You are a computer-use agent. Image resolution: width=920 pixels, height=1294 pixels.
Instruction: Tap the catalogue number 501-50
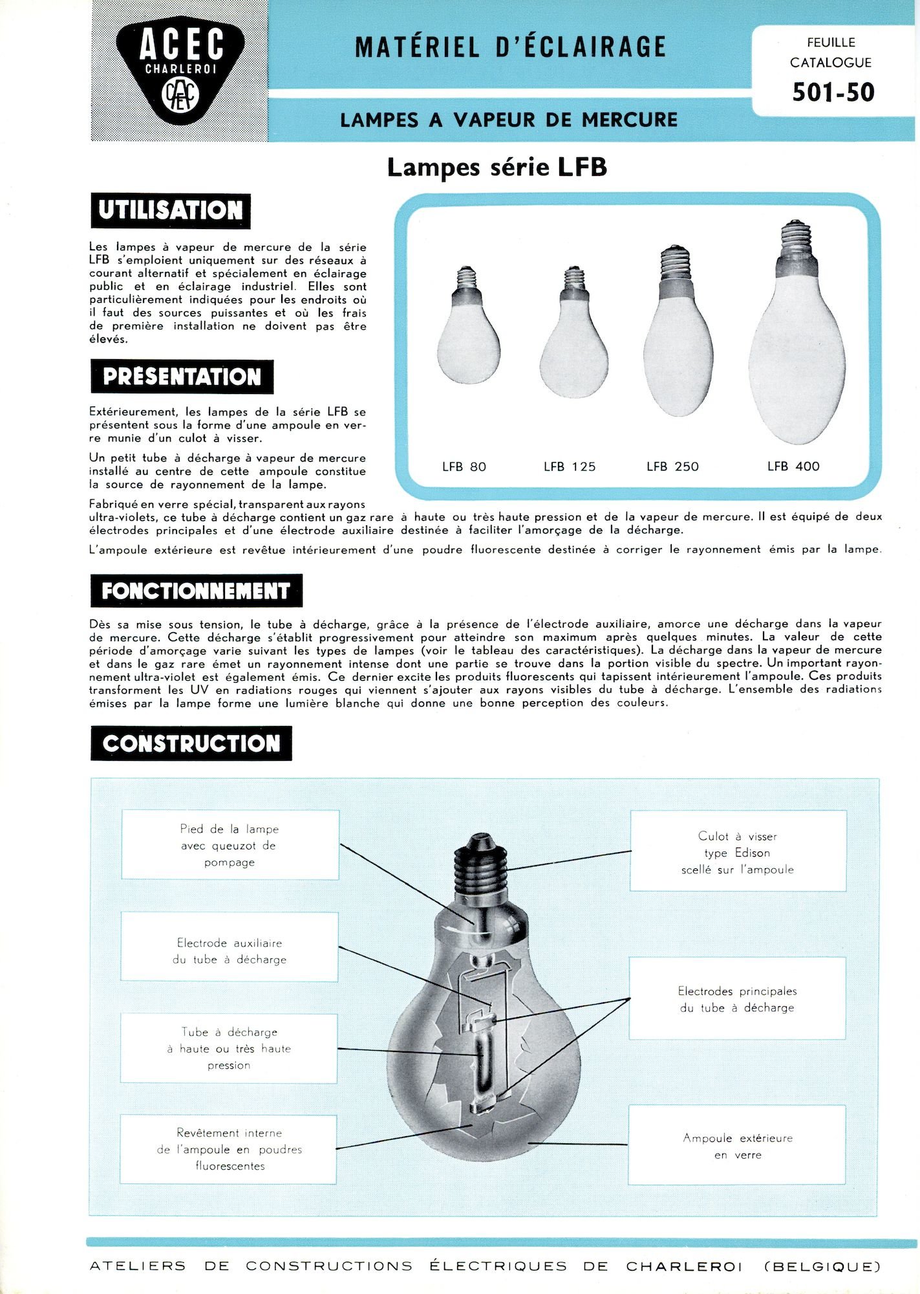833,93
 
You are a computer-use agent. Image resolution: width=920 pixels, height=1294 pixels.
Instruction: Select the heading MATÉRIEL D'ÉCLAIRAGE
510,47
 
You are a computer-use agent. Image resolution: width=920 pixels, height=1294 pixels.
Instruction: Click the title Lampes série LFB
497,168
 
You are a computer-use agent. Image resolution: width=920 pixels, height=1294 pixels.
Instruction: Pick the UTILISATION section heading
171,210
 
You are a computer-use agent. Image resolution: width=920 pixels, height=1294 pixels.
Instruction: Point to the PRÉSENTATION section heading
182,377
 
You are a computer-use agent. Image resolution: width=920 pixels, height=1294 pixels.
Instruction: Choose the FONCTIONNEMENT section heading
196,590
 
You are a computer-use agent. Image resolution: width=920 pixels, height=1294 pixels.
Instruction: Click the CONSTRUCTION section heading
191,743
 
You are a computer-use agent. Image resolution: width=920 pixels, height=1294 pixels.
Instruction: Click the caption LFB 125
570,466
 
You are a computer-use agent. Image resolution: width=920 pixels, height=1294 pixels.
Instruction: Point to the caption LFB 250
672,466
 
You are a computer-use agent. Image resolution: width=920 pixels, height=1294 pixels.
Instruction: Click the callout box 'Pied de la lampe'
230,845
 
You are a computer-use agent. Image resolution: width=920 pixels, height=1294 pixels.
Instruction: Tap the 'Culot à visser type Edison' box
738,852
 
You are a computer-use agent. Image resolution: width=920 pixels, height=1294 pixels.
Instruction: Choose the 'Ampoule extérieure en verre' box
737,1146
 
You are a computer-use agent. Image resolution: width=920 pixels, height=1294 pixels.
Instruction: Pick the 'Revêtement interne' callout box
229,1149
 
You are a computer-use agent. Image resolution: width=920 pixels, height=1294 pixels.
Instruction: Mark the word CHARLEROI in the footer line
683,1266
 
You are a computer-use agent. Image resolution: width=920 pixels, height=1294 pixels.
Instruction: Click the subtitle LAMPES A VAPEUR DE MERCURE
509,120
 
